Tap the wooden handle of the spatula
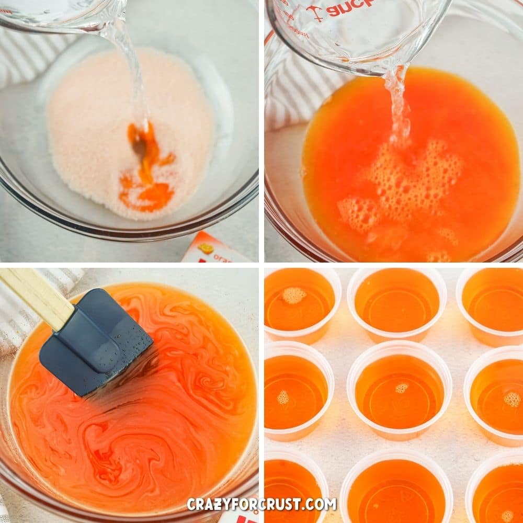37,295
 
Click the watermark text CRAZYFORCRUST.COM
261,504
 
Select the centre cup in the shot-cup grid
399,390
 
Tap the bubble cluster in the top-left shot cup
294,295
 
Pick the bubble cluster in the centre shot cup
402,388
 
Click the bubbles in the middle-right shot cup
512,399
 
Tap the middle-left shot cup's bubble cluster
283,397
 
